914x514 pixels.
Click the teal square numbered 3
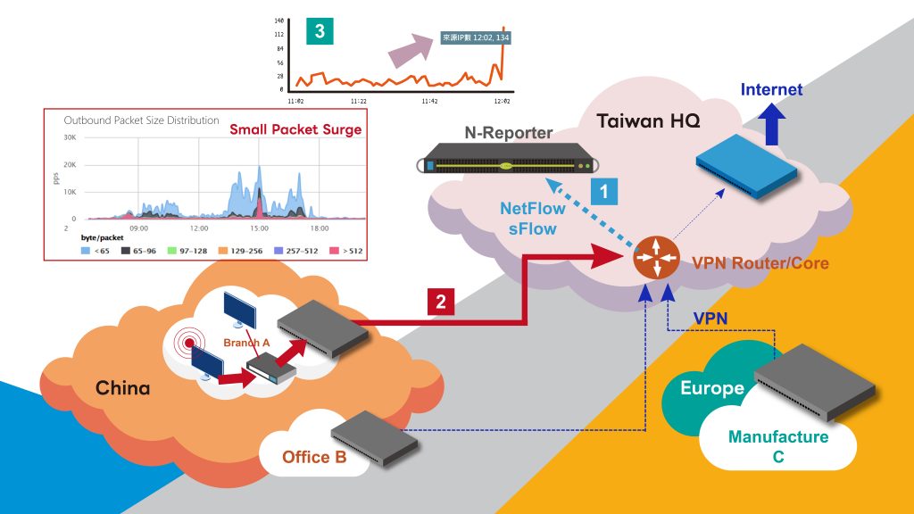[320, 32]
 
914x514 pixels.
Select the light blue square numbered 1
[604, 191]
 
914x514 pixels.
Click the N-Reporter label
[509, 133]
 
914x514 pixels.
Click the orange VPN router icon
[655, 259]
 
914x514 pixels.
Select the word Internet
[771, 89]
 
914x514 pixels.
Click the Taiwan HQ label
[636, 120]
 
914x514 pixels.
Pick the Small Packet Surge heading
[295, 129]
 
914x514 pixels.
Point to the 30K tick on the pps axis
[69, 137]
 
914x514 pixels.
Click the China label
[123, 388]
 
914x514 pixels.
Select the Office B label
[314, 458]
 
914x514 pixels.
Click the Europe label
[712, 388]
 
